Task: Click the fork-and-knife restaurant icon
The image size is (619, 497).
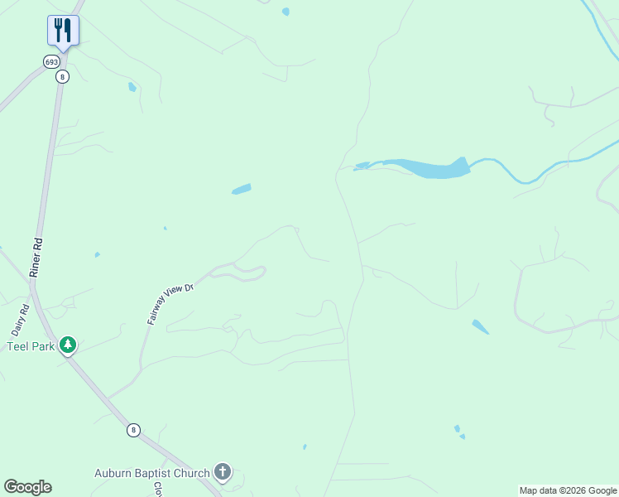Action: (x=63, y=31)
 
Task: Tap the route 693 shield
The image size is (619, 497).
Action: (x=52, y=62)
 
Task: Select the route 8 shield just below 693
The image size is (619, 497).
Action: (x=62, y=76)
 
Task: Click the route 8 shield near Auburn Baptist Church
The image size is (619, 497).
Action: (x=133, y=430)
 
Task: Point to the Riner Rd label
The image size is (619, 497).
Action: (x=37, y=258)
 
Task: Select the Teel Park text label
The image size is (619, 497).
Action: (x=31, y=346)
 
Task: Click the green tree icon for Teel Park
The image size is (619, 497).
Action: (x=68, y=345)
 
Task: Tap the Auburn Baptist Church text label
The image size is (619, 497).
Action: (x=151, y=474)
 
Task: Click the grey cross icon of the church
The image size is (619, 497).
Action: (x=222, y=472)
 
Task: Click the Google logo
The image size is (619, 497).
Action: (x=27, y=487)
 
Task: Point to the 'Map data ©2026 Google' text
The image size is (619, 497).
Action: (x=568, y=490)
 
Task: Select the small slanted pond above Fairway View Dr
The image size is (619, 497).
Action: (x=241, y=189)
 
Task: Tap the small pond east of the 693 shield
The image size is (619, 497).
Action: (x=132, y=87)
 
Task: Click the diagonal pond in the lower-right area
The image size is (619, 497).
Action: (x=480, y=326)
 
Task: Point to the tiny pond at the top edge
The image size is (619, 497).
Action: (x=286, y=12)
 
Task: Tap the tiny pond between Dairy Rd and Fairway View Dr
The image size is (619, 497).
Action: (x=98, y=254)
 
